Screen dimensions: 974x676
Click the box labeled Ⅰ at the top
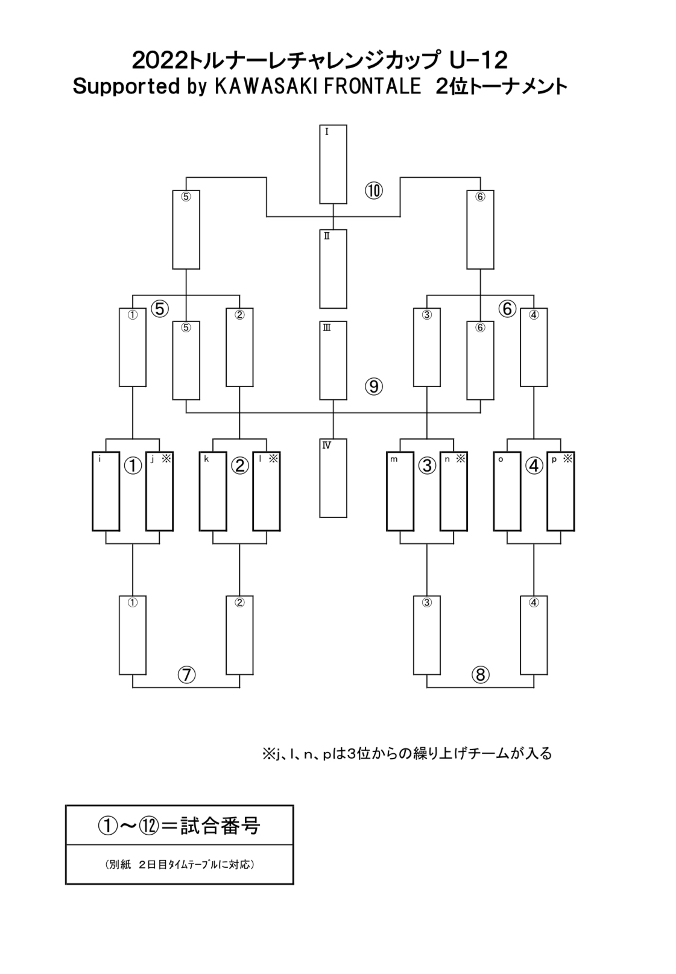[333, 164]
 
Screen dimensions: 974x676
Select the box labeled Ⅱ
[333, 269]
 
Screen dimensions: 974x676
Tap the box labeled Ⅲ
[333, 360]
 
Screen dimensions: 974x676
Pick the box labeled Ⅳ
[333, 478]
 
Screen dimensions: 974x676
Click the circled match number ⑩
[373, 191]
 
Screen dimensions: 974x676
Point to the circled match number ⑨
[373, 386]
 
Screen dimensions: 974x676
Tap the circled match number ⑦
[186, 675]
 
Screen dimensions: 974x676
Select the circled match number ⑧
[480, 675]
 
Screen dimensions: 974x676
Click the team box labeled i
[106, 491]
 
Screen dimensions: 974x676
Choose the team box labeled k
[213, 491]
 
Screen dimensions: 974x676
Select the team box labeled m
[400, 491]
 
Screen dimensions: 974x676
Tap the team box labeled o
[507, 491]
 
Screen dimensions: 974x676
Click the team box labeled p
[560, 491]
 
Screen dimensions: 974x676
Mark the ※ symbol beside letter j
[166, 459]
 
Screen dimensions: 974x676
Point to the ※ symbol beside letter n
[461, 459]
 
